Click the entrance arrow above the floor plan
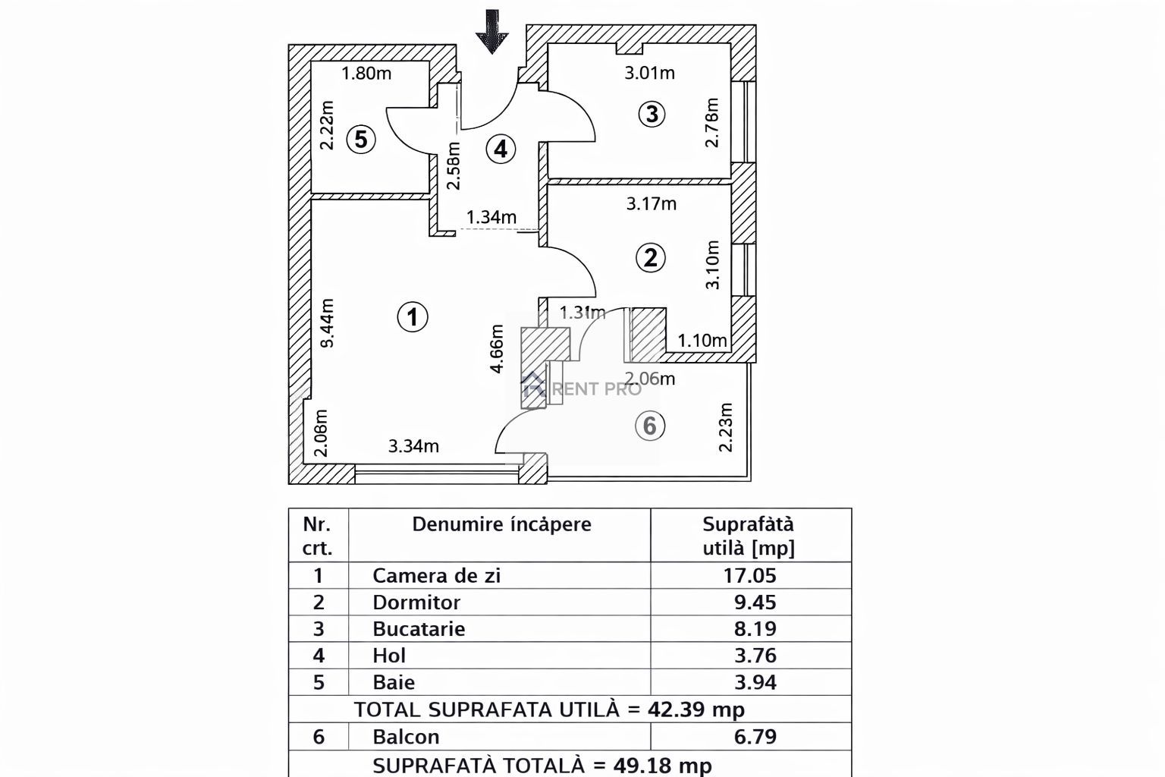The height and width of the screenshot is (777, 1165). (x=492, y=32)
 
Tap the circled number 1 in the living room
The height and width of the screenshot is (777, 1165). (x=413, y=316)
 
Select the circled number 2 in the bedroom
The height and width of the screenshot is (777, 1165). (x=650, y=258)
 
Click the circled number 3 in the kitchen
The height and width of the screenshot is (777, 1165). (x=652, y=114)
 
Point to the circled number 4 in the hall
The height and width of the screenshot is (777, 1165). (x=501, y=149)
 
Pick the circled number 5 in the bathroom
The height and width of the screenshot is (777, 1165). (x=361, y=140)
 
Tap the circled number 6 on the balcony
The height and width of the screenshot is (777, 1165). (x=649, y=426)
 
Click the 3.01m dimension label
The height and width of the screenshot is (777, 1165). (x=649, y=73)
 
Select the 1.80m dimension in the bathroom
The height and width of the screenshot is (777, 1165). (x=366, y=74)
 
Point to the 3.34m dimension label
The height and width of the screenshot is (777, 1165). (x=413, y=446)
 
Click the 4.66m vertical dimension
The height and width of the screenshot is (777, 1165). (x=497, y=349)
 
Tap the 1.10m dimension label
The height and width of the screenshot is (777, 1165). (x=702, y=341)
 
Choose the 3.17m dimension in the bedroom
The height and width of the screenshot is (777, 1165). (x=651, y=203)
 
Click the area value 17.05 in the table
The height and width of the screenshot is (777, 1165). (x=749, y=575)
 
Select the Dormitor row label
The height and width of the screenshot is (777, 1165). (x=416, y=602)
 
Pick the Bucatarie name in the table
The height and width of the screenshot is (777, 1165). (x=419, y=629)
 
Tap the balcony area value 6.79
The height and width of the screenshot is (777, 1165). (x=755, y=737)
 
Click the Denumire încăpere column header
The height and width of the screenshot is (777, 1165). (x=501, y=524)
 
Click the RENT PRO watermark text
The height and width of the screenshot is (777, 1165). (x=598, y=389)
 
